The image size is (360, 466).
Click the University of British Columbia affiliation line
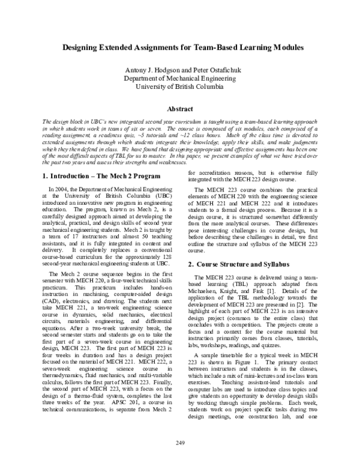tap(181, 86)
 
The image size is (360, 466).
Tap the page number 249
tap(181, 443)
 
